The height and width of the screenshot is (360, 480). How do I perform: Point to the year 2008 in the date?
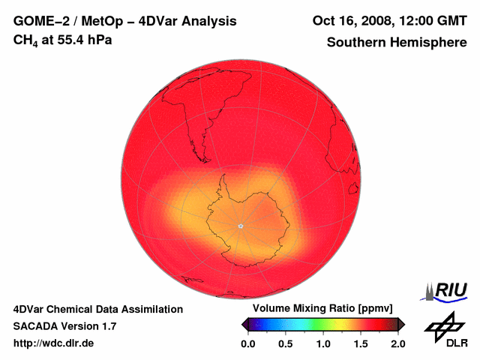(x=376, y=20)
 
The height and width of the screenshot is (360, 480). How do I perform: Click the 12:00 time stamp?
(x=414, y=20)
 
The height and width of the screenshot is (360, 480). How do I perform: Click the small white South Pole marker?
(x=240, y=226)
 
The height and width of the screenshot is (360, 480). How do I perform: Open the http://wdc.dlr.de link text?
(x=54, y=343)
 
